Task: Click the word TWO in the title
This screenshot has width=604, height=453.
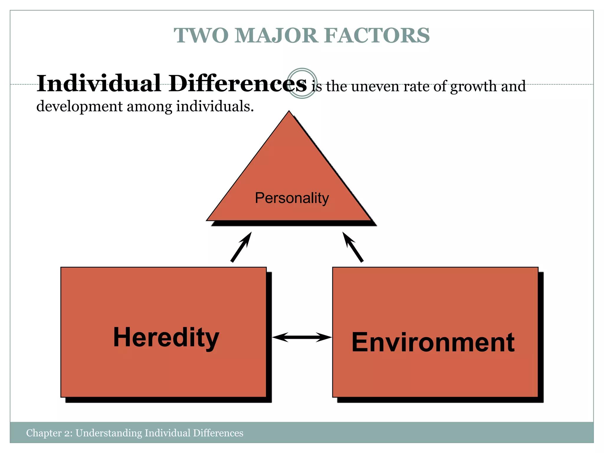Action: coord(201,35)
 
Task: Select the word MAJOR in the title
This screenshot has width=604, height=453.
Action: coord(276,35)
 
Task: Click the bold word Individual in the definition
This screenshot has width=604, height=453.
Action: coord(99,83)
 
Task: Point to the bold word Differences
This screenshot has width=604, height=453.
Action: coord(238,83)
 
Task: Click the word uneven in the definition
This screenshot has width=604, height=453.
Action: coord(375,86)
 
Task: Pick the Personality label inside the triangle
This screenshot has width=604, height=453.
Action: coord(292,198)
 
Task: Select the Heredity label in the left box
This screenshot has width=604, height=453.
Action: coord(166,337)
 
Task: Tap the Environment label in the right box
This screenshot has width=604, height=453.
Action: coord(433,342)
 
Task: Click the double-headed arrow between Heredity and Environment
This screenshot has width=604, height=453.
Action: coord(302,337)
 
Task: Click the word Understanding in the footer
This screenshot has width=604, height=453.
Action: coord(109,433)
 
